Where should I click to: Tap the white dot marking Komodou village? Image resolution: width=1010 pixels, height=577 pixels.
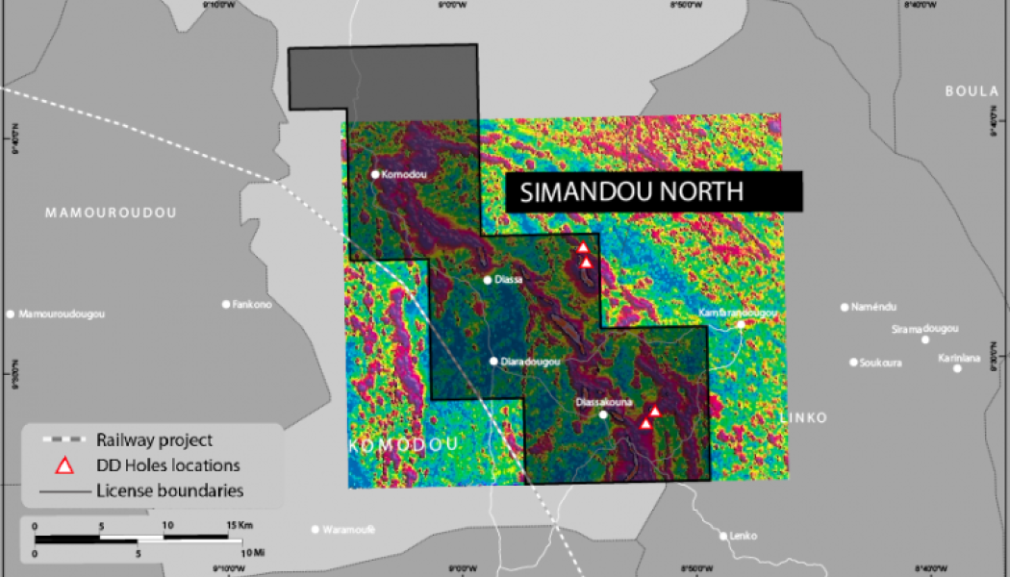tap(376, 175)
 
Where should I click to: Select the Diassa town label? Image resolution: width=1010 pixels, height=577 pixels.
tap(508, 280)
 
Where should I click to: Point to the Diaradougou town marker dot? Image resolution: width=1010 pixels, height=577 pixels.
tap(493, 362)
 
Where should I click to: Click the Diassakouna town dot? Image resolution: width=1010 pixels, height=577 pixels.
tap(603, 415)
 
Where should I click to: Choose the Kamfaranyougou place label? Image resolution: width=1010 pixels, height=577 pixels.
tap(738, 314)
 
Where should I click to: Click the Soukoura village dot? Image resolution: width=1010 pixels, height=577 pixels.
tap(853, 363)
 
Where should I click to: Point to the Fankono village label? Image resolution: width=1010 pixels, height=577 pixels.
tap(252, 304)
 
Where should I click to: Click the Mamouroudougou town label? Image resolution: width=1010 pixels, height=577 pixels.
tap(63, 314)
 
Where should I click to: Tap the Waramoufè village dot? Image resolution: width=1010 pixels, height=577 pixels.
tap(316, 529)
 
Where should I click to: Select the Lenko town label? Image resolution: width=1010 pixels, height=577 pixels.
tap(744, 536)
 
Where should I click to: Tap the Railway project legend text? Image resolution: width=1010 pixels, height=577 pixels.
tap(154, 440)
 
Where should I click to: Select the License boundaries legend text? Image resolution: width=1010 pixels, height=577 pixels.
tap(169, 490)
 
